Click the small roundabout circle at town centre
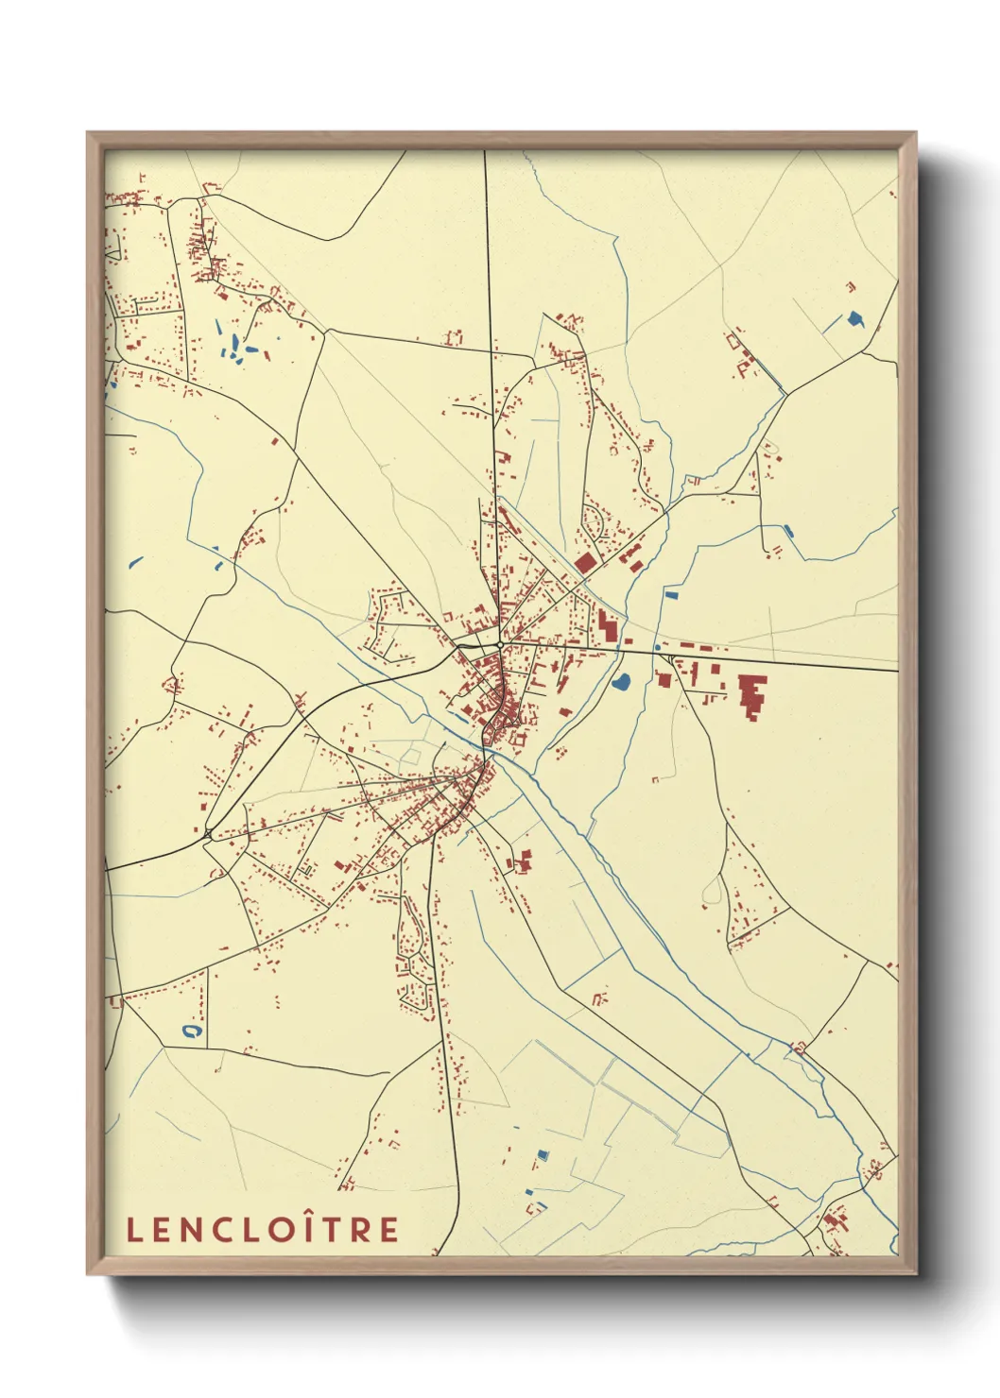point(499,646)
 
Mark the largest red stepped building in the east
point(752,695)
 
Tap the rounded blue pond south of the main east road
point(621,681)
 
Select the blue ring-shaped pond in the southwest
point(193,1031)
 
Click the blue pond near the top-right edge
point(856,318)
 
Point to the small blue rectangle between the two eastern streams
point(672,594)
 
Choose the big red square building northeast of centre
point(586,564)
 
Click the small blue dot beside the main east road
point(657,647)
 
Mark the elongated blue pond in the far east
point(788,532)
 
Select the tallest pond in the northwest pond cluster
point(219,330)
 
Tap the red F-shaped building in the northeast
point(741,360)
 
